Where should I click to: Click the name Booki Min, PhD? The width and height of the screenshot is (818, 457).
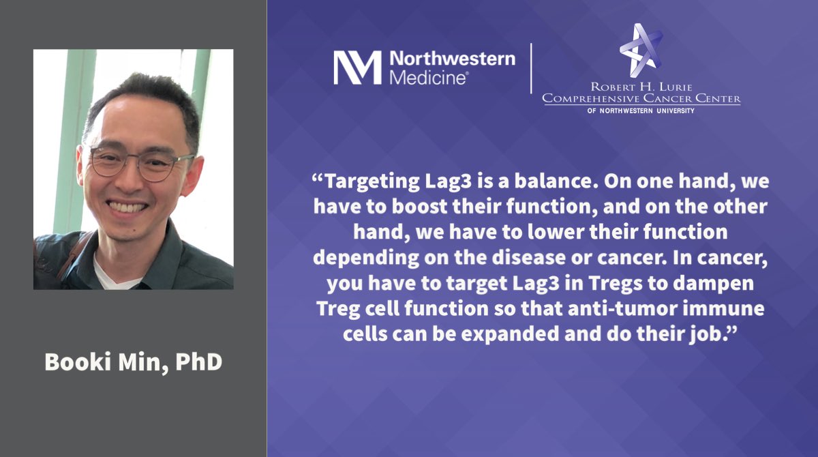tap(133, 362)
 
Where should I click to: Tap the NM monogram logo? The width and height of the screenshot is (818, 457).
tap(357, 68)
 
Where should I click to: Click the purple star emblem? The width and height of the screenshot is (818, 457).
tap(641, 50)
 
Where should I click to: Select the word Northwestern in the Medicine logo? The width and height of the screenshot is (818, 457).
tap(452, 59)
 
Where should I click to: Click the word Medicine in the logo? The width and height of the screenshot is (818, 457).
tap(428, 78)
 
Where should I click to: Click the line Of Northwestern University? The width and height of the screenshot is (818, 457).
tap(641, 110)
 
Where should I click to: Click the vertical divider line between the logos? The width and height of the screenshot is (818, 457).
tap(531, 68)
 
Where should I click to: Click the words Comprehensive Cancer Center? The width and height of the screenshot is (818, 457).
tap(641, 100)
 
